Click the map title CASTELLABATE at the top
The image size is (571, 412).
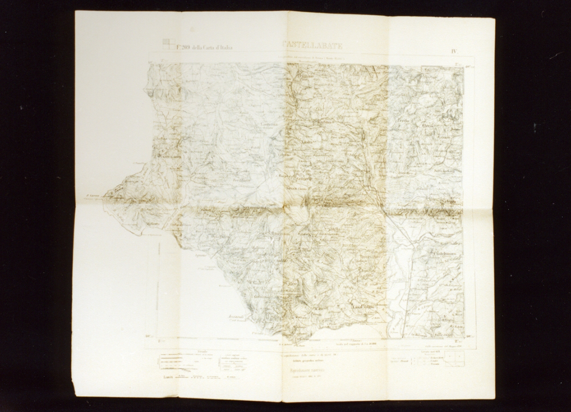coord(312,45)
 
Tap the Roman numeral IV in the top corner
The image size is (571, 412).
coord(454,51)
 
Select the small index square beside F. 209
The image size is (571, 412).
coord(168,44)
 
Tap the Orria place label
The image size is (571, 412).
coord(428,125)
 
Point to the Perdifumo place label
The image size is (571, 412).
coord(243,181)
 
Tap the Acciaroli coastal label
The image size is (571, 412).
coord(237,317)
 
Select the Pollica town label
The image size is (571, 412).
coord(285,299)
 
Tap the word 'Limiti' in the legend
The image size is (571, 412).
coord(168,377)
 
